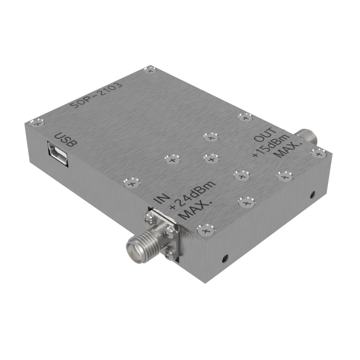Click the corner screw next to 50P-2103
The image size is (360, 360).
[150, 70]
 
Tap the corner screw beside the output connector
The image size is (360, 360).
[318, 152]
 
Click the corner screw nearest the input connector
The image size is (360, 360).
[206, 230]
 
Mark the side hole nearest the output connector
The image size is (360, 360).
[312, 195]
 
